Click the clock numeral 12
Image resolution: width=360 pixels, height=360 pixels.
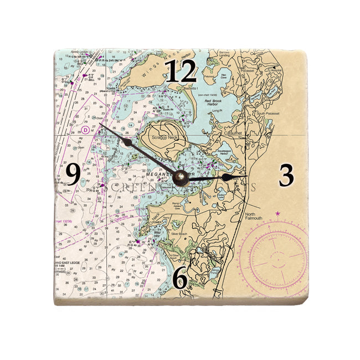181,71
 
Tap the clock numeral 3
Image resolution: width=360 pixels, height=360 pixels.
286,176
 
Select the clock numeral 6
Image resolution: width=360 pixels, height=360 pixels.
180,278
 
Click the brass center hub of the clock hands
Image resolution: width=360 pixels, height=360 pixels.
180,177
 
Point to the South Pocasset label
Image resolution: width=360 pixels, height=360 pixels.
266,114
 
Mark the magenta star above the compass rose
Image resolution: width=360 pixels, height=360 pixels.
277,214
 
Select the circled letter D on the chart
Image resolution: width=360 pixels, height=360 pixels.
86,129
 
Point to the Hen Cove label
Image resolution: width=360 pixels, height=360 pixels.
224,76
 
